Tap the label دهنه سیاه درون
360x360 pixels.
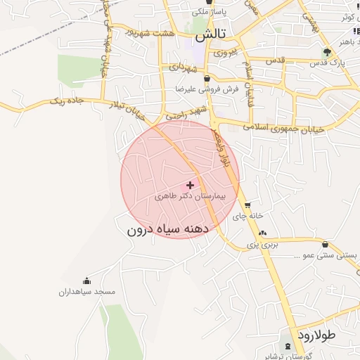pyautogui.click(x=169, y=230)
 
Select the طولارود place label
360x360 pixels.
pyautogui.click(x=316, y=335)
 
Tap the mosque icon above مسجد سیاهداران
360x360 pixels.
pyautogui.click(x=86, y=281)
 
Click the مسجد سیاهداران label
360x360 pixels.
pyautogui.click(x=87, y=291)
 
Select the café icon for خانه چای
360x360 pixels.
pyautogui.click(x=247, y=205)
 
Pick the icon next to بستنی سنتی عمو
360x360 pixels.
pyautogui.click(x=325, y=244)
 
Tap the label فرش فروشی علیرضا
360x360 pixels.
pyautogui.click(x=208, y=89)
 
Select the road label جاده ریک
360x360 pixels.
pyautogui.click(x=65, y=101)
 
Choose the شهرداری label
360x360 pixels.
pyautogui.click(x=183, y=67)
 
